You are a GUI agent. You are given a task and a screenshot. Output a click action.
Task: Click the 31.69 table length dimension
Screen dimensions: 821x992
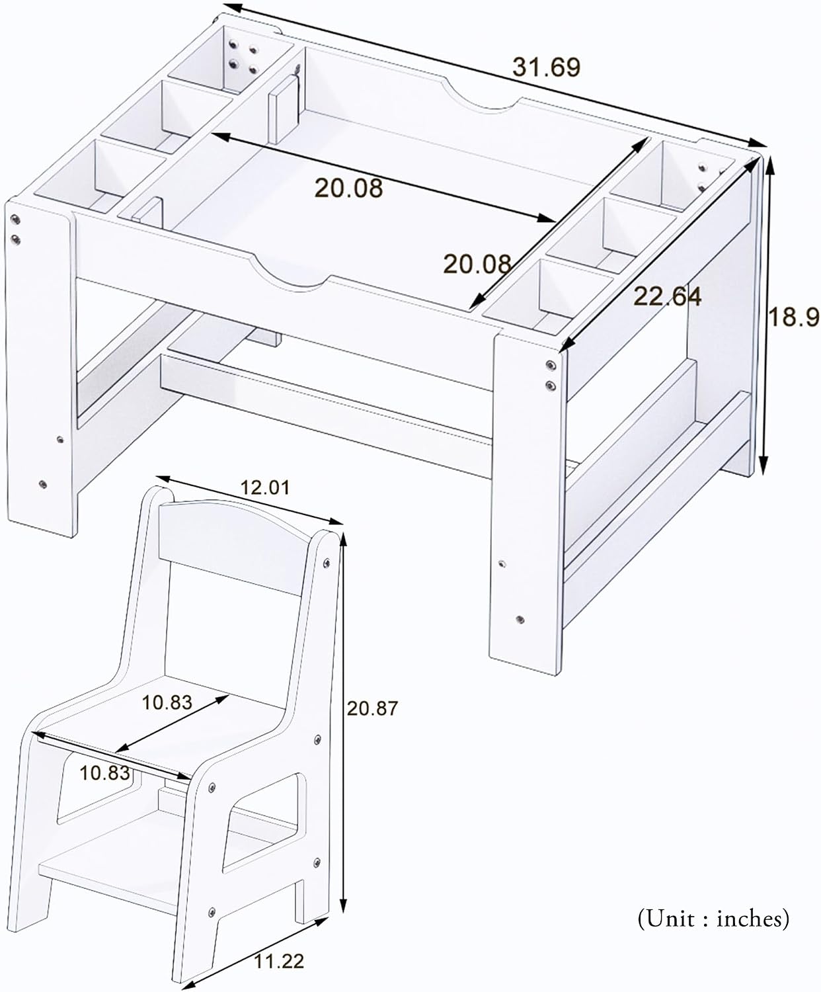(x=547, y=67)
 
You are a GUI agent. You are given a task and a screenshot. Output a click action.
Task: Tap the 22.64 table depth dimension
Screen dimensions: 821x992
(x=668, y=297)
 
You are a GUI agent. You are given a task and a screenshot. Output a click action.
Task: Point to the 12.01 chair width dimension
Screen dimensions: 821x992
(x=264, y=487)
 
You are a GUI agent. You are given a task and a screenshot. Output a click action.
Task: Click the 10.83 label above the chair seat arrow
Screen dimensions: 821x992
(x=168, y=702)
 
